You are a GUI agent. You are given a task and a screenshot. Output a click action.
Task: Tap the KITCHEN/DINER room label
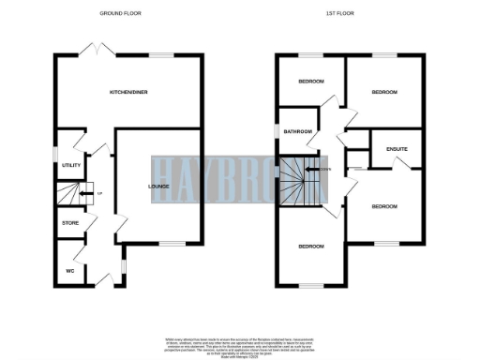[x=128, y=92]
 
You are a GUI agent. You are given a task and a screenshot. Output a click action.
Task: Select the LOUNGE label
[x=158, y=186]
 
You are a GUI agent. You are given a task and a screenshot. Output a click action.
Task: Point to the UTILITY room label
[x=71, y=165]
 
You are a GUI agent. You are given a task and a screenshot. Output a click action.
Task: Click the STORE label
[x=70, y=223]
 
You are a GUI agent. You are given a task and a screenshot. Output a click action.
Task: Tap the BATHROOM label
[x=299, y=131]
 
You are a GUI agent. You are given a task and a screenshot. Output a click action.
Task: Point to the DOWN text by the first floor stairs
[x=324, y=169]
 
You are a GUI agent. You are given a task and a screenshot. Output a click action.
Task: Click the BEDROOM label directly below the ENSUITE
[x=384, y=205]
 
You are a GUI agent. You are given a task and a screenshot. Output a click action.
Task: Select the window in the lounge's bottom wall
[x=170, y=243]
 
